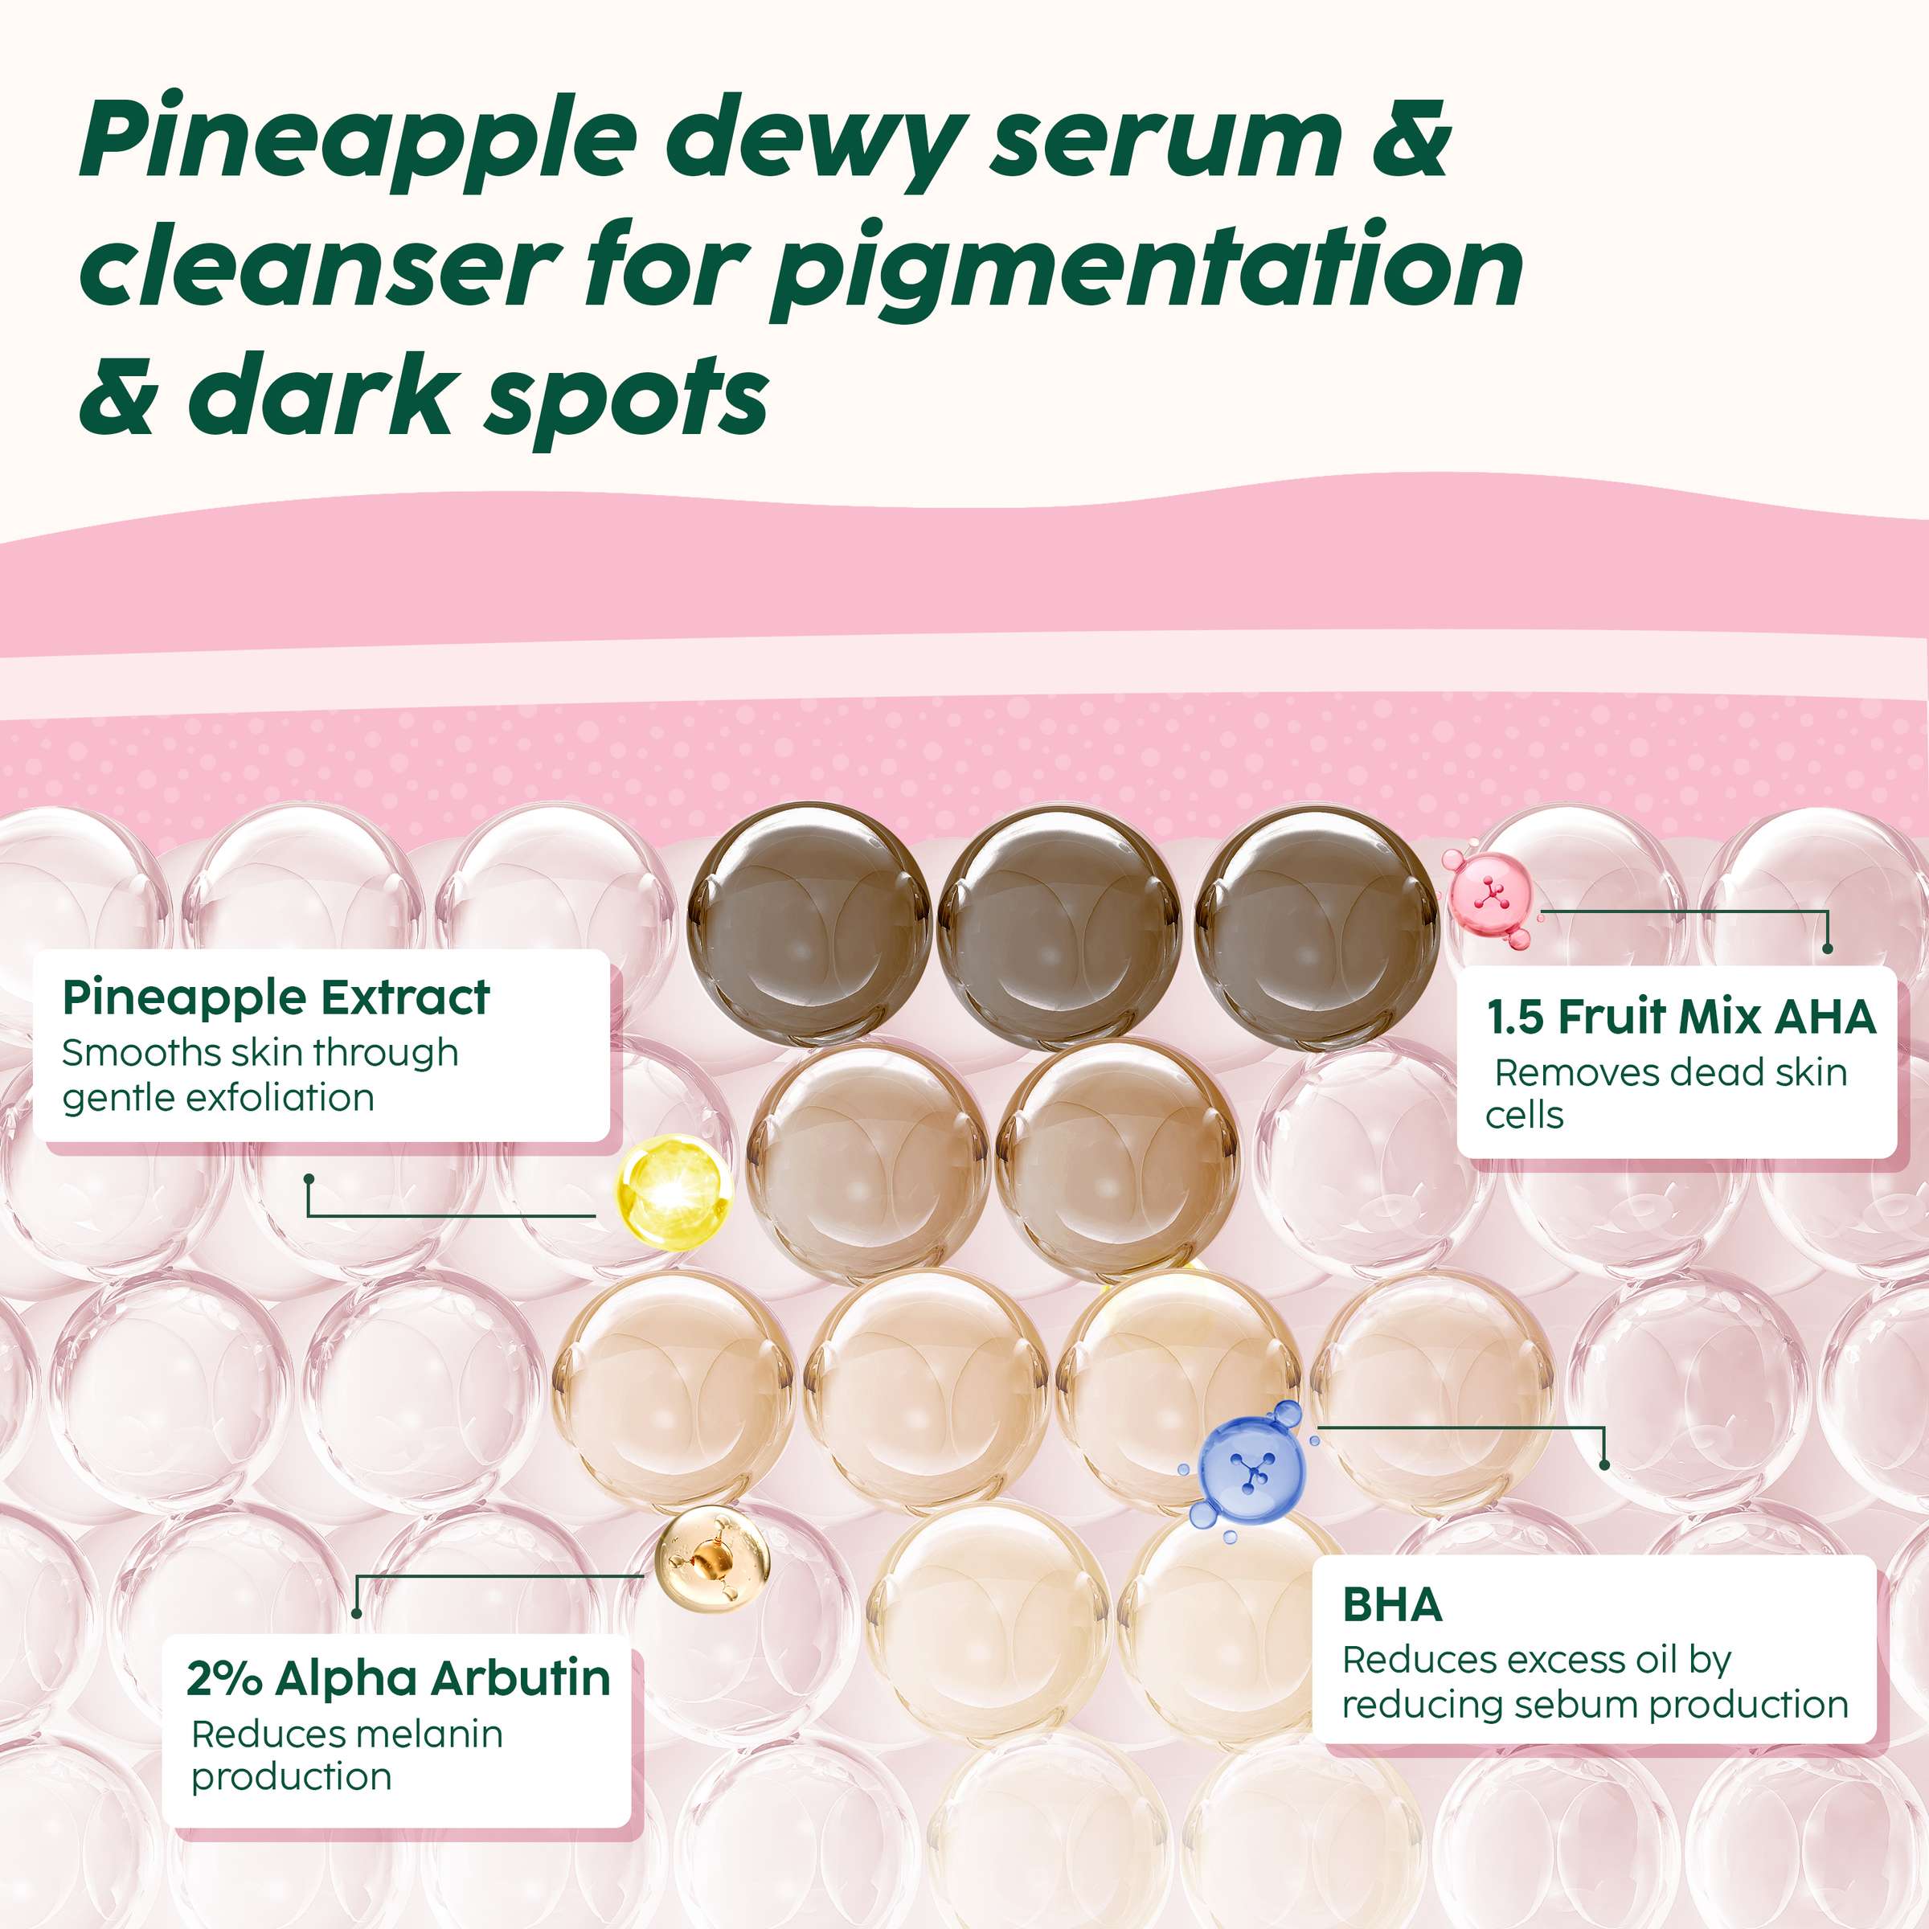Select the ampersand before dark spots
118,395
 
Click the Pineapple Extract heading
276,997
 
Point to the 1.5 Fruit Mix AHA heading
1681,1018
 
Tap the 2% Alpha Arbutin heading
397,1678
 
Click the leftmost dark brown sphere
809,924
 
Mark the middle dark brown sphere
1059,924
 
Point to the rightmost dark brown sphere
1315,924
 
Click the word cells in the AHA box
1524,1116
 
